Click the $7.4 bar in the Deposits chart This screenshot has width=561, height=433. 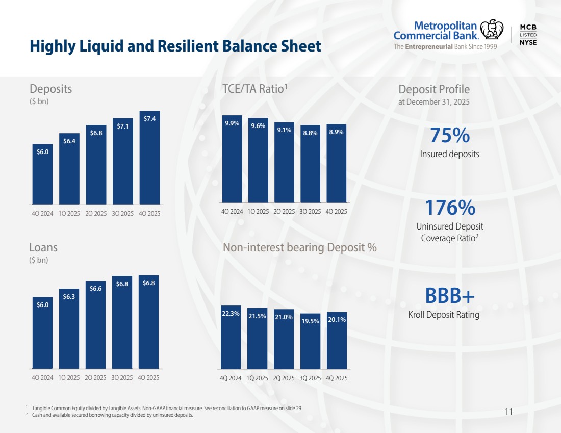[x=149, y=158]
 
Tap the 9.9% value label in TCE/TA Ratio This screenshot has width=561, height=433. [x=232, y=123]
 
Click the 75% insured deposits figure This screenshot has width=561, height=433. [x=449, y=136]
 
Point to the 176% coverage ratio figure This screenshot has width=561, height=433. [x=449, y=208]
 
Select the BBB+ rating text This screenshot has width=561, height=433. [x=449, y=296]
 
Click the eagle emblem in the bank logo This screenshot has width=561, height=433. [x=492, y=30]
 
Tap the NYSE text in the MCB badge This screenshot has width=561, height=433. [x=528, y=43]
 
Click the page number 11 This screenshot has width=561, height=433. [x=508, y=411]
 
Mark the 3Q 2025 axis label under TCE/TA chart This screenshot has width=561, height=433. [x=310, y=211]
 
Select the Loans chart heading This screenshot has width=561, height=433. [x=43, y=248]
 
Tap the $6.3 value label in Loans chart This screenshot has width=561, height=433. [x=69, y=296]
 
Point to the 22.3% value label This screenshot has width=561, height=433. [x=231, y=314]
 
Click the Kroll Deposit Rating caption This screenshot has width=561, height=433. [x=444, y=315]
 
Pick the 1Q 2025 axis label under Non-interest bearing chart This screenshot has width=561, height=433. [x=258, y=378]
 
